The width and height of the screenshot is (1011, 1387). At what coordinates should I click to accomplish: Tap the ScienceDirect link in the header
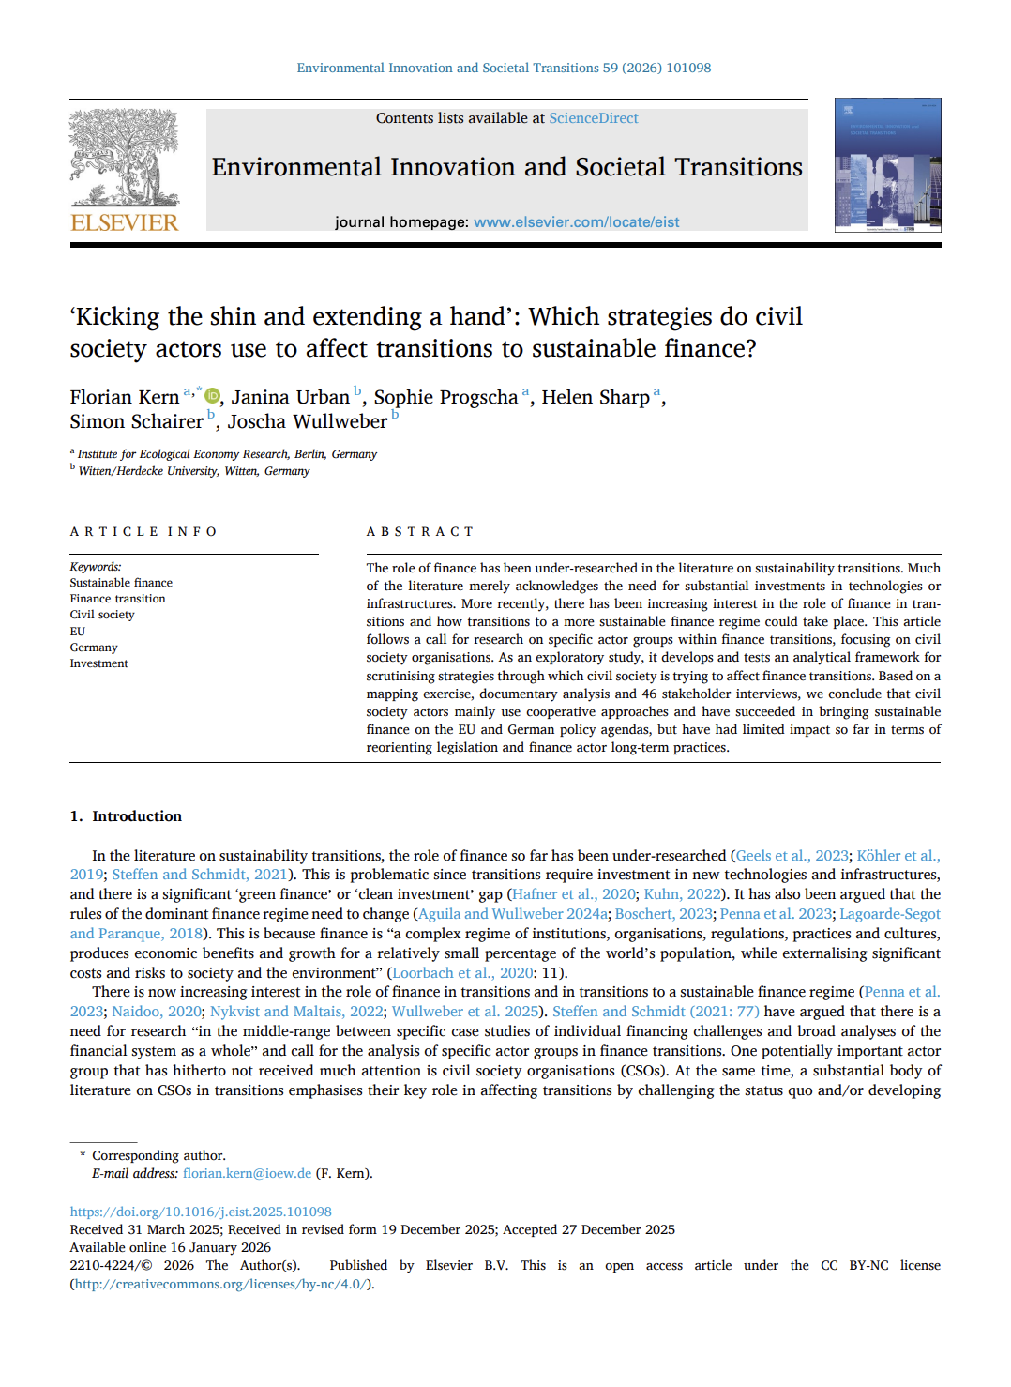(593, 118)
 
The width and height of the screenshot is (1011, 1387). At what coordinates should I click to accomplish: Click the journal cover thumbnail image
(887, 165)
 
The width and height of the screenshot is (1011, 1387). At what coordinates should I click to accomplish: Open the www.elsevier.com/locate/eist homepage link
(576, 222)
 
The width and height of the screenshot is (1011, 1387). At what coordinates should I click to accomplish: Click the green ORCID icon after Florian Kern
(213, 396)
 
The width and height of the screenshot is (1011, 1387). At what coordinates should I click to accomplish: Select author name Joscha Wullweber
(307, 422)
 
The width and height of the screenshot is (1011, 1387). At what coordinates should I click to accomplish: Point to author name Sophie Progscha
(445, 398)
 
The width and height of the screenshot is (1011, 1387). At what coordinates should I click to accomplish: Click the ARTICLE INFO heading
(143, 532)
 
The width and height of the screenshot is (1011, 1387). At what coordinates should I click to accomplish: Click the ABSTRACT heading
(419, 532)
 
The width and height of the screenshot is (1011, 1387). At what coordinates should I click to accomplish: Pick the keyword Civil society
(102, 615)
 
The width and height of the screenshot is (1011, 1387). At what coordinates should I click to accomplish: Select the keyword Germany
(94, 648)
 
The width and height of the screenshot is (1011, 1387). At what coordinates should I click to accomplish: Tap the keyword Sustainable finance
(121, 583)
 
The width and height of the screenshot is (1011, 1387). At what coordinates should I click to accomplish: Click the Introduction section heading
(136, 816)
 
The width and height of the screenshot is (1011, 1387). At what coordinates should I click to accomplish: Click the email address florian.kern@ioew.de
(247, 1173)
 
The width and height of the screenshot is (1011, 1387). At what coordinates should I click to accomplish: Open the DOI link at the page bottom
(201, 1212)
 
